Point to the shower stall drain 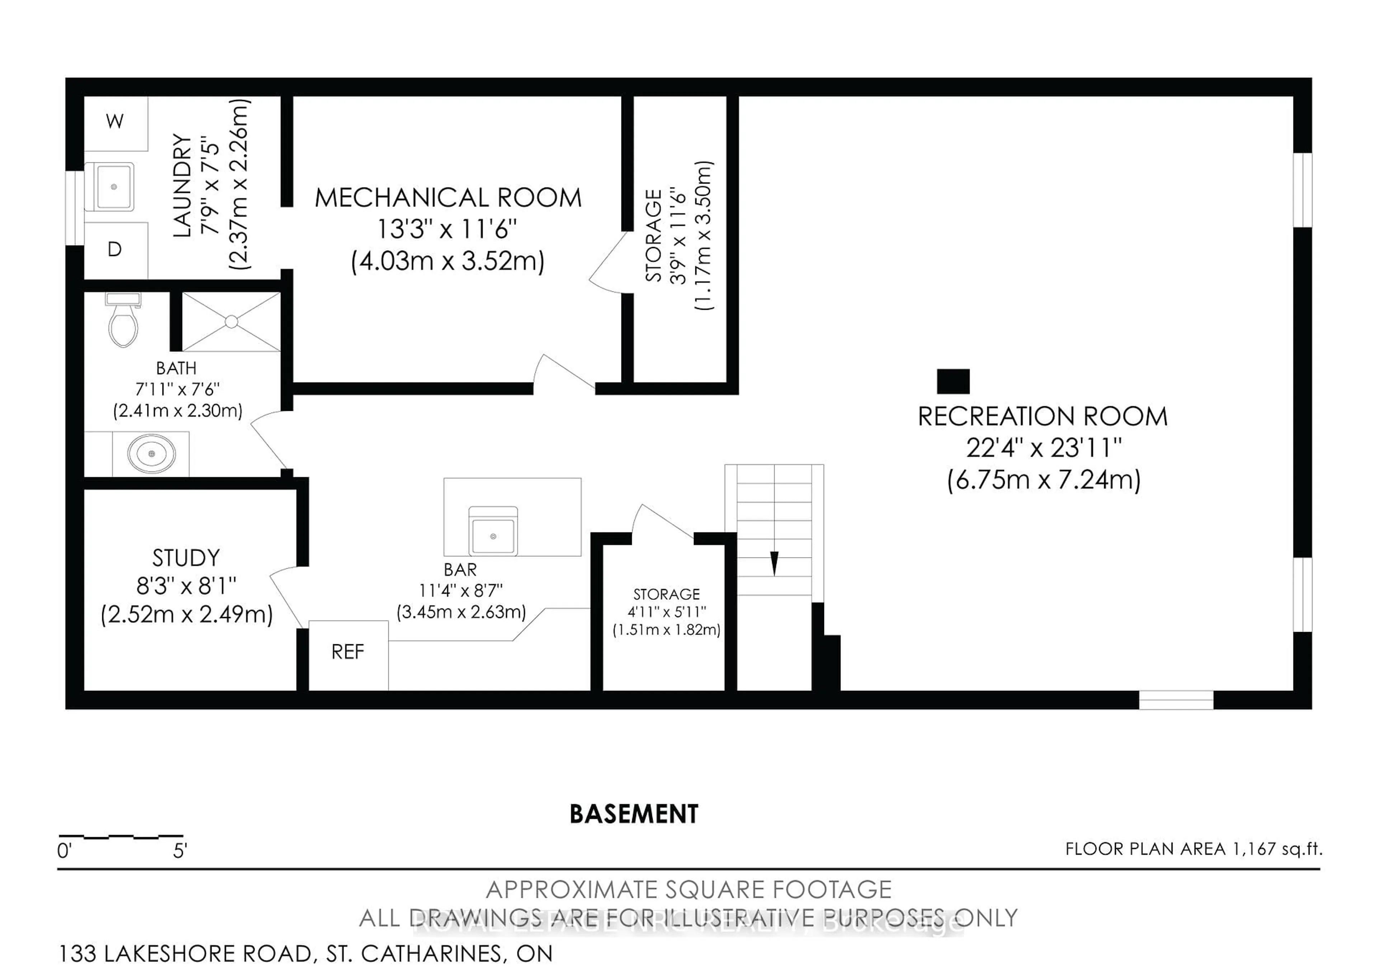point(232,322)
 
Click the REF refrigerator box point(348,655)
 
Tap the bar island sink point(493,533)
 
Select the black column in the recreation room point(953,381)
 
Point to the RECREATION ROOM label point(1042,417)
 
